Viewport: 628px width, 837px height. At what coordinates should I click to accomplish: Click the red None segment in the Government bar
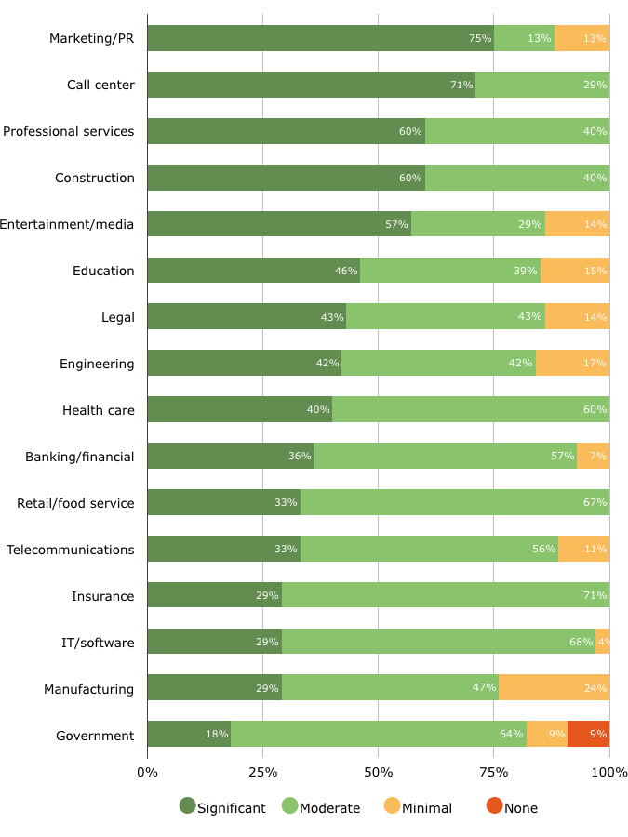(588, 734)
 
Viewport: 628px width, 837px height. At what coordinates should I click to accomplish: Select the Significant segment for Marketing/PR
(320, 38)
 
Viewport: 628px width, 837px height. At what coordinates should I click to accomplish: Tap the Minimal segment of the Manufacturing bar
(554, 688)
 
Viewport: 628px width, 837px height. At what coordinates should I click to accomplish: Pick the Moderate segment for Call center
(542, 85)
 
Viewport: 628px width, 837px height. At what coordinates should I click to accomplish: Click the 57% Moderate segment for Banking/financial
(445, 456)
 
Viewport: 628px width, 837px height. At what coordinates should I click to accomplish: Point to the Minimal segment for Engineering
(572, 363)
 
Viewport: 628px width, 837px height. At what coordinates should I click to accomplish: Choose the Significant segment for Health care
(239, 409)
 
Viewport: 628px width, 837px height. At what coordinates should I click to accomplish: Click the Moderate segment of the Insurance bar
(446, 595)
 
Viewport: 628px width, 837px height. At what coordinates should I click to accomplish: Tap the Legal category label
(118, 317)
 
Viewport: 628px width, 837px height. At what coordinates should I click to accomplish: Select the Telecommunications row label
(71, 550)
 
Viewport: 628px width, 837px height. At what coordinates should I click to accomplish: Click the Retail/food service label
(75, 503)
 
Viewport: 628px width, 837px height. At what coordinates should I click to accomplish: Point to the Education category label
(103, 271)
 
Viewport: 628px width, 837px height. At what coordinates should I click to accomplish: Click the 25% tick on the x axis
(262, 773)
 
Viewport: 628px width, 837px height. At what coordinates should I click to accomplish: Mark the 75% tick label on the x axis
(493, 773)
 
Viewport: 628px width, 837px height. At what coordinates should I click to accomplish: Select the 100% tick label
(609, 773)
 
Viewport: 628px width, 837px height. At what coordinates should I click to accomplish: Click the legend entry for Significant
(223, 808)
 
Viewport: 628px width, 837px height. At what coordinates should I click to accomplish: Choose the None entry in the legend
(512, 808)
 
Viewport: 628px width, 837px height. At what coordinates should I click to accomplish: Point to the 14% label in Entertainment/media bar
(595, 224)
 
